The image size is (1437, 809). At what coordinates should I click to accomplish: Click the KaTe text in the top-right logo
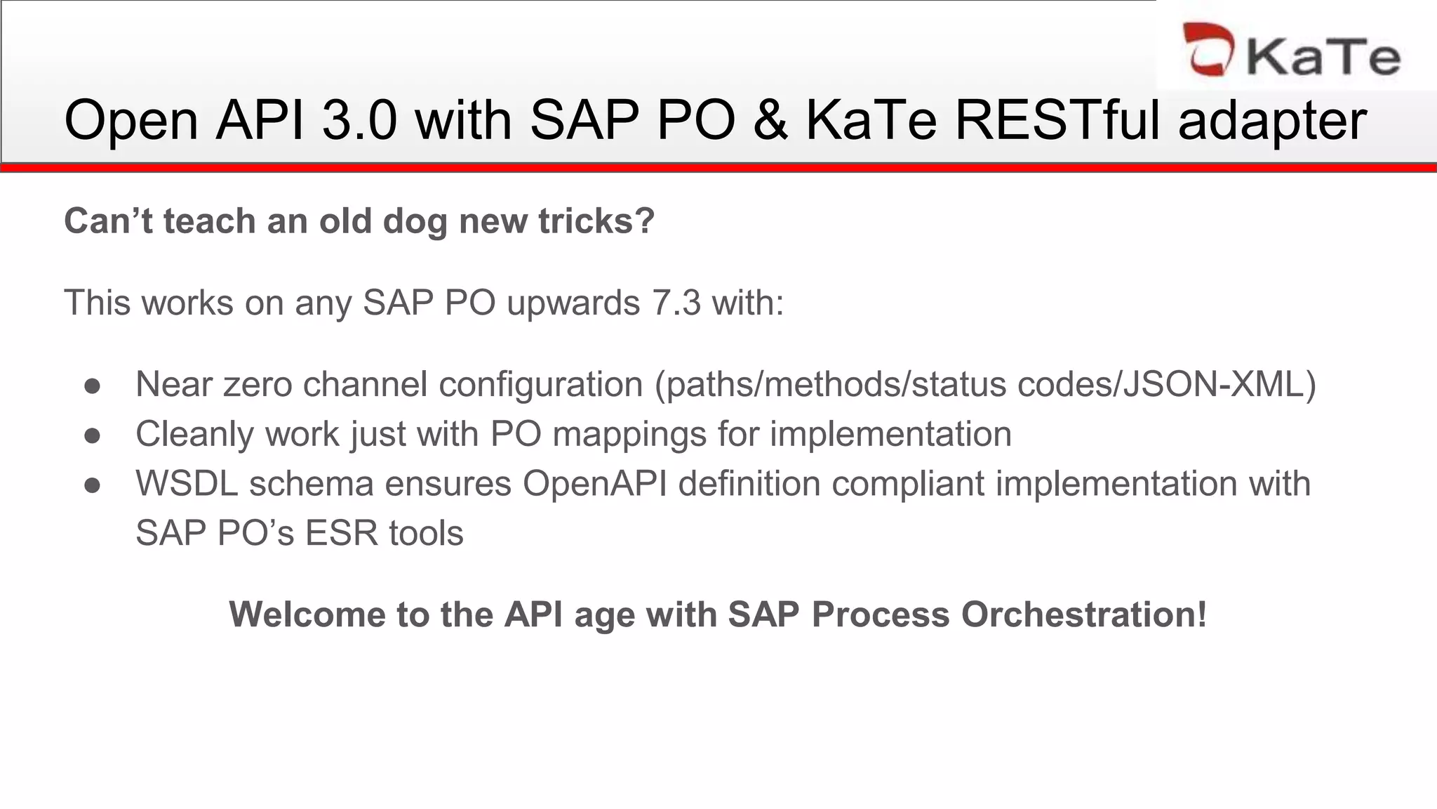tap(1323, 56)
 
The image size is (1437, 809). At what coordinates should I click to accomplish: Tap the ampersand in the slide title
tap(770, 120)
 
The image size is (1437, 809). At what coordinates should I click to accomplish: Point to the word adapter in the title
tap(1272, 120)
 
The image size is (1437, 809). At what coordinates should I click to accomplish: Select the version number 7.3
tap(676, 303)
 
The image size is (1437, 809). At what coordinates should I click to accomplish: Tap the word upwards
tap(573, 303)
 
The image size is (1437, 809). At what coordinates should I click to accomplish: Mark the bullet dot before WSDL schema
tap(93, 485)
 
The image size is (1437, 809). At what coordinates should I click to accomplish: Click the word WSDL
tap(187, 484)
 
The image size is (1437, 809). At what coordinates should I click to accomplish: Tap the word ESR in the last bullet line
tap(342, 534)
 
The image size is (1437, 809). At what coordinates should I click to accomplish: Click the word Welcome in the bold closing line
tap(307, 614)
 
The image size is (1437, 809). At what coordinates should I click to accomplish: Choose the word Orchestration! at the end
tap(1084, 614)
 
